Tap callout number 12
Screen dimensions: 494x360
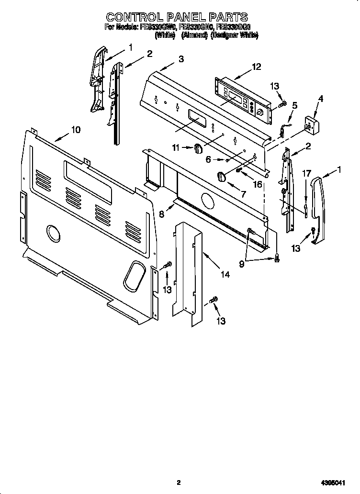click(256, 67)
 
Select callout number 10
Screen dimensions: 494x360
click(76, 129)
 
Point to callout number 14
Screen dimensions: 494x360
click(225, 275)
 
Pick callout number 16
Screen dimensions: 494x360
click(258, 184)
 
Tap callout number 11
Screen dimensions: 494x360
click(176, 148)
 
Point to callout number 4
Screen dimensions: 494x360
click(320, 99)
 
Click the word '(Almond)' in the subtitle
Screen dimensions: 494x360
click(193, 35)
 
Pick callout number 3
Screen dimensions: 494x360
click(181, 59)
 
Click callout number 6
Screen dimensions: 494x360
click(208, 160)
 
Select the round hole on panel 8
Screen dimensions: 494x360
click(207, 200)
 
